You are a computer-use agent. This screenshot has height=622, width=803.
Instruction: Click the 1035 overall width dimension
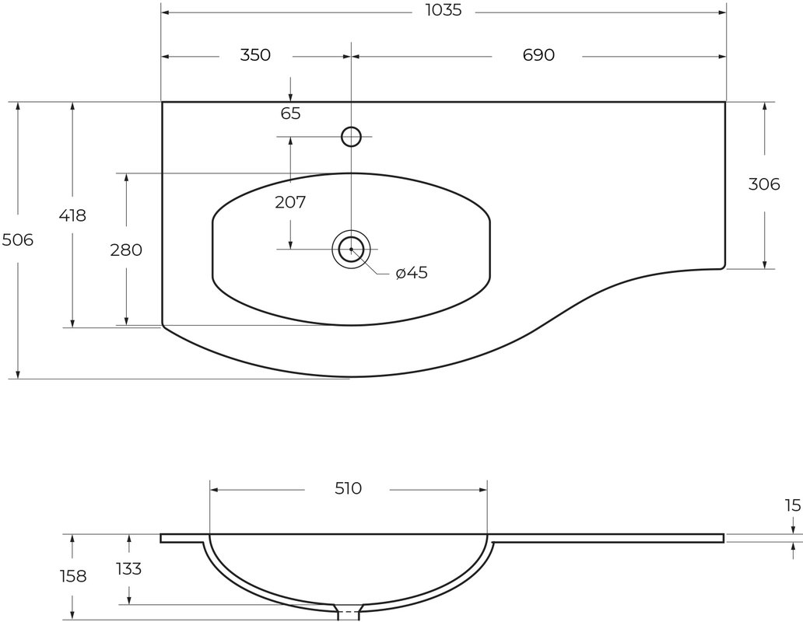(x=444, y=10)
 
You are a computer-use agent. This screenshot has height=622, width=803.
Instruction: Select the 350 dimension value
(x=255, y=54)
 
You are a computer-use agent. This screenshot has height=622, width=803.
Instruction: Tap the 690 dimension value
(x=538, y=54)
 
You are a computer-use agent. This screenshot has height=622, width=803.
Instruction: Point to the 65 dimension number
(x=290, y=114)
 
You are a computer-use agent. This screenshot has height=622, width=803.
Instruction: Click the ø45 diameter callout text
(x=412, y=273)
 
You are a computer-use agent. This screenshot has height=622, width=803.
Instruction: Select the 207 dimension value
(x=290, y=203)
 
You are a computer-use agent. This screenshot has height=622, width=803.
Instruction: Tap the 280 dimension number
(x=126, y=250)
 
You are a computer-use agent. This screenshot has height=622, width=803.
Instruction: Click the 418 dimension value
(x=72, y=216)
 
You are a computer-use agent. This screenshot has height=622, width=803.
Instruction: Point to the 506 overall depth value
(x=17, y=239)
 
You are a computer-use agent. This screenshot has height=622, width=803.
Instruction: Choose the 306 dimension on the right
(x=764, y=184)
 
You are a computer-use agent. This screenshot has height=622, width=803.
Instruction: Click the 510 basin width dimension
(x=349, y=488)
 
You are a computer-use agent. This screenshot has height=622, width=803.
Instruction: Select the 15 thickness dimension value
(x=792, y=506)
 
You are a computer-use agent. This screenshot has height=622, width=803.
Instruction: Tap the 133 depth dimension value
(x=128, y=569)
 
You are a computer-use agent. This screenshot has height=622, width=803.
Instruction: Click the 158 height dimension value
(x=73, y=576)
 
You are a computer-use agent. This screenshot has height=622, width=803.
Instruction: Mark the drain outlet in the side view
(x=349, y=613)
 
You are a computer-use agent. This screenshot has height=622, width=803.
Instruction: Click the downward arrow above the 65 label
(x=290, y=89)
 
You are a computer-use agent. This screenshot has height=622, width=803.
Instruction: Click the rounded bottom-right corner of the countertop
(x=722, y=265)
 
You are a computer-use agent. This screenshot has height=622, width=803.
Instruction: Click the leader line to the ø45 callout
(x=372, y=264)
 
